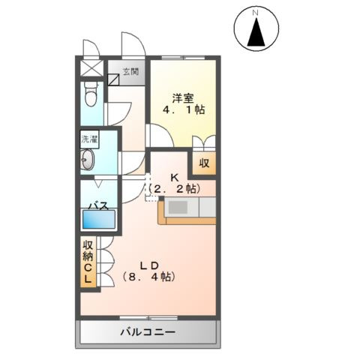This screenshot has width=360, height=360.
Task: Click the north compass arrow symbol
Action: click(x=256, y=34)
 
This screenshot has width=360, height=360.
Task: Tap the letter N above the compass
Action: click(x=256, y=13)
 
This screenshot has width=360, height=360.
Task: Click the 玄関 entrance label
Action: click(x=131, y=72)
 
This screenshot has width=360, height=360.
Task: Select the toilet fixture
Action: click(x=91, y=96)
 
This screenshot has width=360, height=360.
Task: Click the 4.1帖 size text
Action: click(x=184, y=110)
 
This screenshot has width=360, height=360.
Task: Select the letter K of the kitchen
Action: click(x=174, y=178)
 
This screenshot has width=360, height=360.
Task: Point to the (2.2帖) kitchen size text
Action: click(x=174, y=189)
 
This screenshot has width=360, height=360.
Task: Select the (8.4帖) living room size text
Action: click(x=148, y=277)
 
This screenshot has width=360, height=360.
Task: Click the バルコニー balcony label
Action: click(x=148, y=331)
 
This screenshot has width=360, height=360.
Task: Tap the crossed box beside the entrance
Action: click(x=91, y=67)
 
